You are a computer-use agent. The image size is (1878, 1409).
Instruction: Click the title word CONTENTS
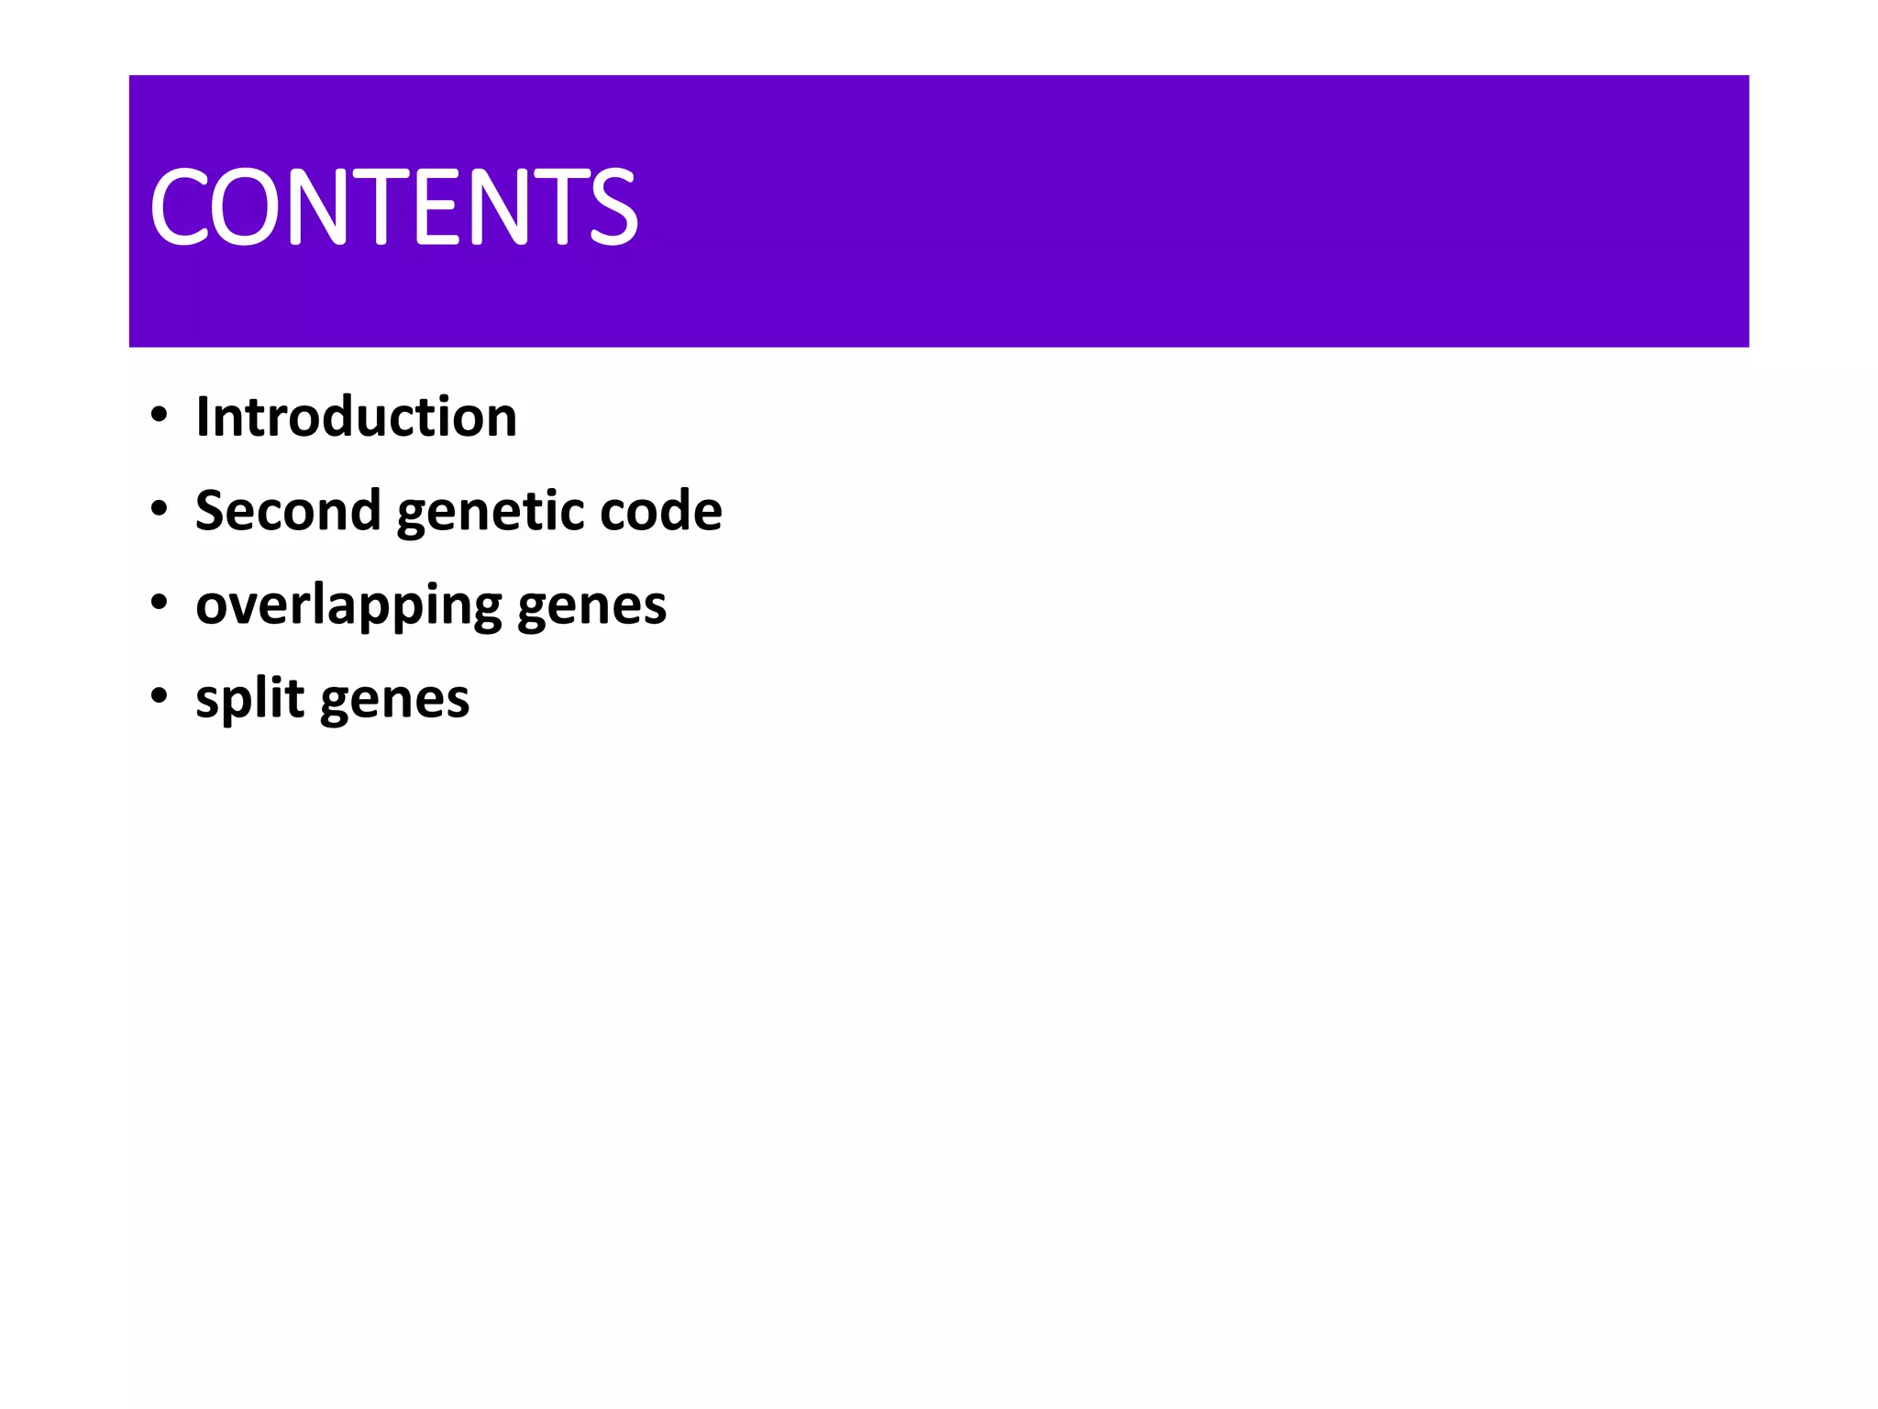(x=393, y=207)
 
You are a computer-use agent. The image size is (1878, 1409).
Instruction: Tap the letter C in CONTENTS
(x=178, y=207)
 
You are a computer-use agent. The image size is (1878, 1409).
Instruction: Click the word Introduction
(x=357, y=417)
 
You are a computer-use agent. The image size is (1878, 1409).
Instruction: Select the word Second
(x=288, y=511)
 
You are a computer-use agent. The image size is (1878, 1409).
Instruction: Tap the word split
(x=249, y=700)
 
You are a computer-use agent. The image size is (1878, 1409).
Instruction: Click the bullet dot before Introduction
(x=160, y=416)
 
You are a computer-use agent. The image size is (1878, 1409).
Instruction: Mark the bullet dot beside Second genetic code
(x=160, y=509)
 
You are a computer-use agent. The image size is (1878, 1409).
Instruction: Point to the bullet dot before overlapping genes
(x=160, y=603)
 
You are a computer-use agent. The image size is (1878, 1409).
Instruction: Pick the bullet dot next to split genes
(x=160, y=696)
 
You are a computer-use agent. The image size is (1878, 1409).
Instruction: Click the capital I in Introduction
(x=204, y=417)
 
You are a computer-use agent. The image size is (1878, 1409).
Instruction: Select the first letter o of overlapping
(x=213, y=607)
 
